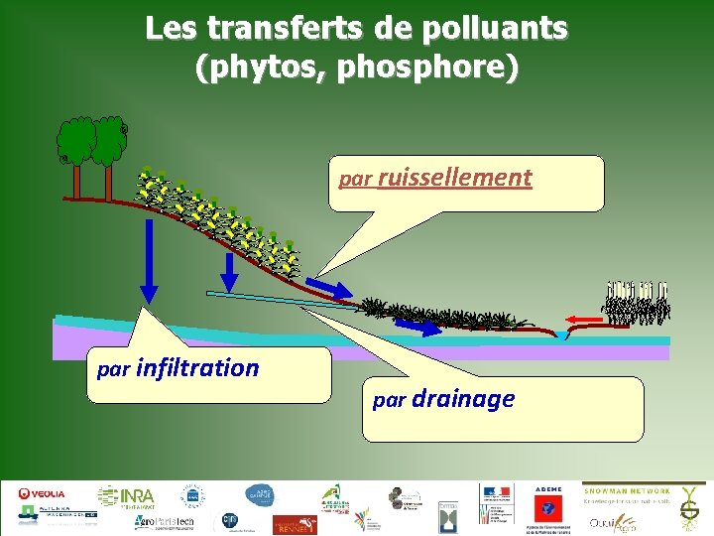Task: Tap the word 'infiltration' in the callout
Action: tap(197, 368)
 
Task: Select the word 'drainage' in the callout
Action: tap(463, 399)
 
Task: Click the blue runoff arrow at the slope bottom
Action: tap(328, 287)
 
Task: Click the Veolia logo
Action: tap(43, 493)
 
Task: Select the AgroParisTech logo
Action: tap(165, 522)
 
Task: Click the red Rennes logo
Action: tap(293, 523)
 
